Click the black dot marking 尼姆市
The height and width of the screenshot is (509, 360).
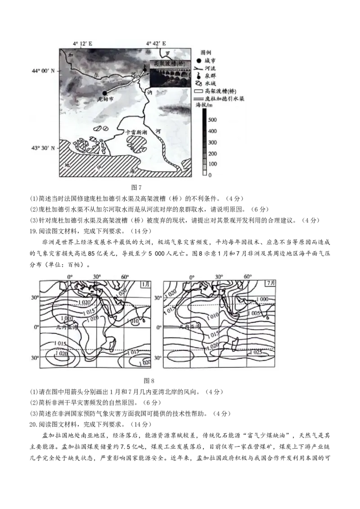tap(104, 93)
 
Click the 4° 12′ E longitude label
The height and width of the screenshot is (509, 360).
tap(83, 44)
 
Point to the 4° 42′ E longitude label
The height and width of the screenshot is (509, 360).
tap(156, 44)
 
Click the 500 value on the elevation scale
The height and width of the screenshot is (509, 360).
tap(212, 120)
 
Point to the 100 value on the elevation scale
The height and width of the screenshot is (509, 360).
tap(212, 164)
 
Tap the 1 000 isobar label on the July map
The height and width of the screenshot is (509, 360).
tap(262, 299)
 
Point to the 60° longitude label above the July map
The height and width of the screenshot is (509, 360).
tap(247, 277)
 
